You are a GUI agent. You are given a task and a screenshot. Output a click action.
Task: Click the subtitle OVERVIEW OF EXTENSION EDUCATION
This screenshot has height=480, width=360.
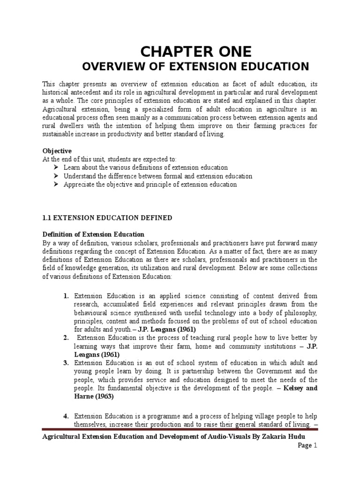(195, 67)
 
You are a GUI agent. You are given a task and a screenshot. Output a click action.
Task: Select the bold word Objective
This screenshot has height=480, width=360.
(57, 151)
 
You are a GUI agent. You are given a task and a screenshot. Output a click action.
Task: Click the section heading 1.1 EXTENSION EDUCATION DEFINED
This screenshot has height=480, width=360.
(107, 218)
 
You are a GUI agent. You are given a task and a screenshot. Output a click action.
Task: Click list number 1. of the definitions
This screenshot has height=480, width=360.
(66, 296)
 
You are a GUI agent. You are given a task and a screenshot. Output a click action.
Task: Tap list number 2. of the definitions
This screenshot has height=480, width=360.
(66, 337)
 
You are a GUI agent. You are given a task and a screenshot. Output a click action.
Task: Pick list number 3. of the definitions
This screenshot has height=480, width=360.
(66, 363)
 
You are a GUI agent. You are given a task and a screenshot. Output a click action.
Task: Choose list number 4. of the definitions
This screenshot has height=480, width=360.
(66, 416)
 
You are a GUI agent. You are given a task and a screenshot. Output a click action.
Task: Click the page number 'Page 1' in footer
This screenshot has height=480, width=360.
(307, 446)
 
